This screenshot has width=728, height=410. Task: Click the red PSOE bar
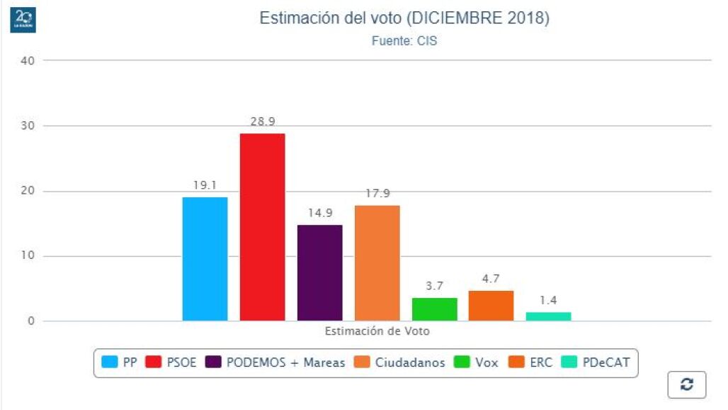coord(262,227)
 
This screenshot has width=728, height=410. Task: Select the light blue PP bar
coord(205,259)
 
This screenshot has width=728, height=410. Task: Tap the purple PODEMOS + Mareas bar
coord(319,273)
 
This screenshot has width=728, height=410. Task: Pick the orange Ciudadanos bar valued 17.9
coord(377,263)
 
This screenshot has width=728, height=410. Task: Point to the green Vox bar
coord(434,309)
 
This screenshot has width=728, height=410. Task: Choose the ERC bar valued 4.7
coord(491,306)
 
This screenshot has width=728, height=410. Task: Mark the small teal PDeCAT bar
coord(548,316)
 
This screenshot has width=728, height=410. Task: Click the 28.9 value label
coord(262,121)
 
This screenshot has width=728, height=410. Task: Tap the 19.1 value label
coord(205,185)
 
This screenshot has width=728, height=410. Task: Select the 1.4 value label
coord(548,300)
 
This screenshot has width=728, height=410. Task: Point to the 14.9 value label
coord(319,213)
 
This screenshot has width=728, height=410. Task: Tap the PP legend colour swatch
coord(110,362)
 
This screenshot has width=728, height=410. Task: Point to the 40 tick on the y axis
coord(28,60)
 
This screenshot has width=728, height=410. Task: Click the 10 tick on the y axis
coord(28,256)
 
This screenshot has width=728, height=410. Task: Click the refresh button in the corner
coord(686,384)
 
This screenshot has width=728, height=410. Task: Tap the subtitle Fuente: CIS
coord(404,41)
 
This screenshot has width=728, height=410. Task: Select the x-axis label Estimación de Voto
coord(377,331)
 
